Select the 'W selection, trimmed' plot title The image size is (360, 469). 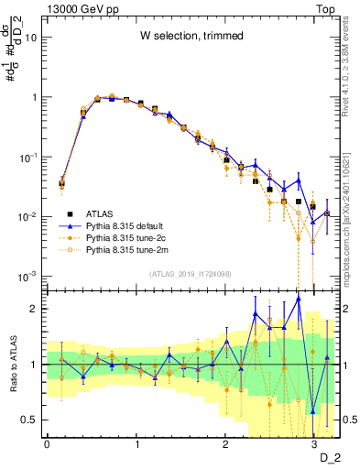pyautogui.click(x=191, y=36)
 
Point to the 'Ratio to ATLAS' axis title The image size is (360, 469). pyautogui.click(x=12, y=364)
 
